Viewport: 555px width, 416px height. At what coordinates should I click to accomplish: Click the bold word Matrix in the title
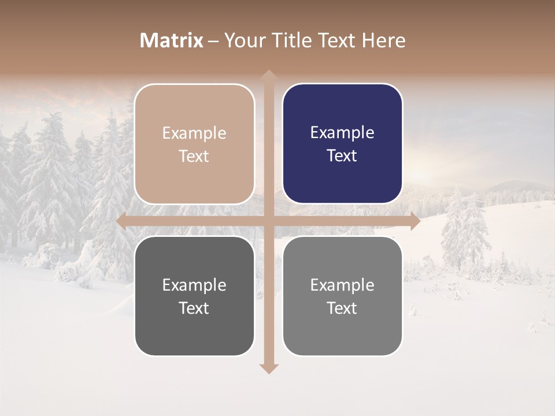point(172,40)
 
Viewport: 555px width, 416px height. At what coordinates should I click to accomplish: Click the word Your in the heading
point(244,40)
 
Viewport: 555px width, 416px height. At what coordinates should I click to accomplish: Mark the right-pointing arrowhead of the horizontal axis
point(415,221)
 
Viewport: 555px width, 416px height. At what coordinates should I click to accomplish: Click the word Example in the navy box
point(342,133)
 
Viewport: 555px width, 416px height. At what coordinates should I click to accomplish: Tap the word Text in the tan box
point(194,157)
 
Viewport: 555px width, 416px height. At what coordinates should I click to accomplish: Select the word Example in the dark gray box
point(194,285)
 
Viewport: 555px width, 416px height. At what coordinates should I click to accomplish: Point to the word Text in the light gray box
point(342,309)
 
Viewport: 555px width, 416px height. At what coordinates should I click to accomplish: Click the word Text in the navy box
point(342,156)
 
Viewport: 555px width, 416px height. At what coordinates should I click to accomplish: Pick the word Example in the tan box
point(194,133)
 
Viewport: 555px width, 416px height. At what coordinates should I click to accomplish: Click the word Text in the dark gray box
point(194,309)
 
